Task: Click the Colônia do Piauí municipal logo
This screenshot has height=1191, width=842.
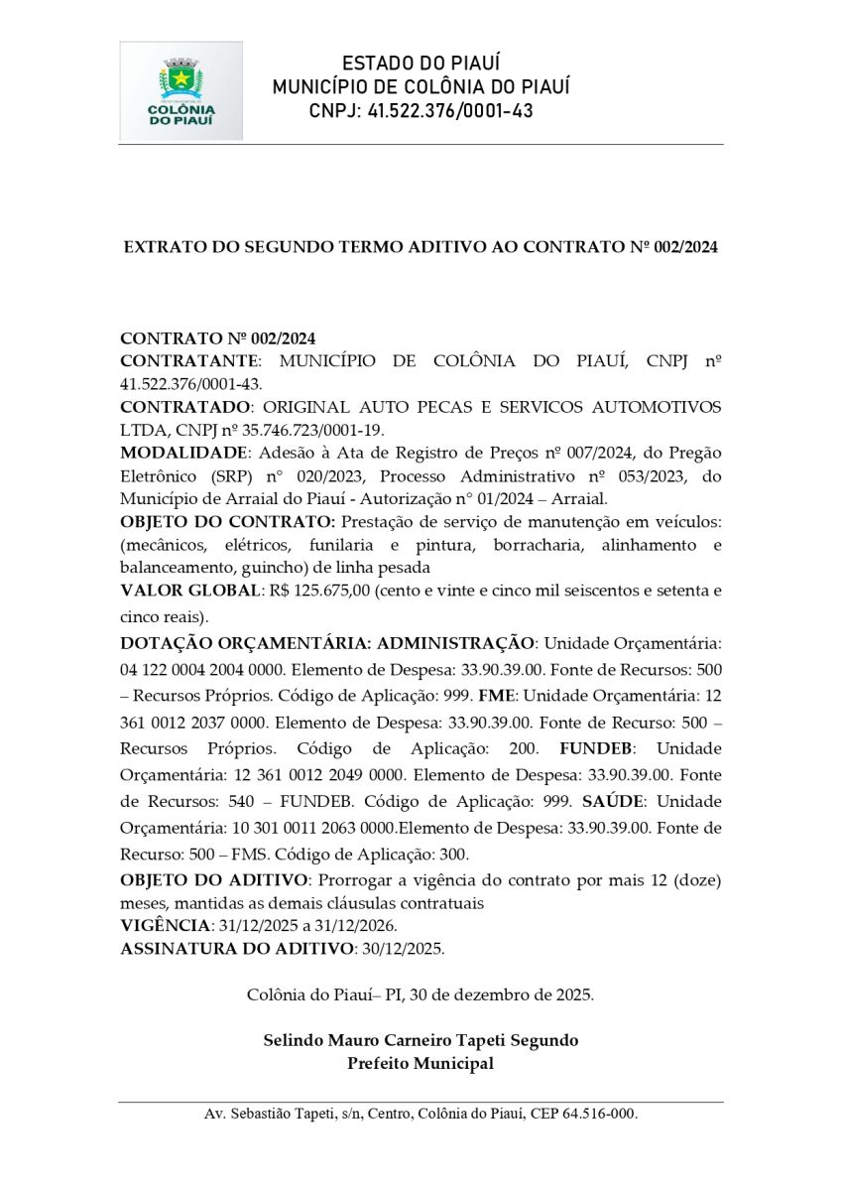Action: coord(180,90)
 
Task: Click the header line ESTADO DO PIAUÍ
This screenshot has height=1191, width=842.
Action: coord(421,64)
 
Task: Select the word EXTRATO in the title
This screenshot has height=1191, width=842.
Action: coord(159,246)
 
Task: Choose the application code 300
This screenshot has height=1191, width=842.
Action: coord(453,854)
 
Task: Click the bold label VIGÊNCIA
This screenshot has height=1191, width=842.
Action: coord(164,925)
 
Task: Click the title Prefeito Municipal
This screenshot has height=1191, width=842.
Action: coord(421,1063)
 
